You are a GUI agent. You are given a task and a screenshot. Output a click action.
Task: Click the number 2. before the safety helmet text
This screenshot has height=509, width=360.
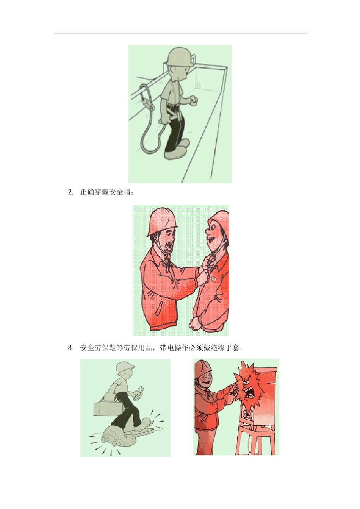point(71,192)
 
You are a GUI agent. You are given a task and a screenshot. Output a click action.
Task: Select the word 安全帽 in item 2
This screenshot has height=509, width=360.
point(120,192)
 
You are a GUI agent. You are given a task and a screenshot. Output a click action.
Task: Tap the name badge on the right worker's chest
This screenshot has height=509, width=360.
point(214,278)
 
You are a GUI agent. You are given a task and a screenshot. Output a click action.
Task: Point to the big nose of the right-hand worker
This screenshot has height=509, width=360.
point(208,231)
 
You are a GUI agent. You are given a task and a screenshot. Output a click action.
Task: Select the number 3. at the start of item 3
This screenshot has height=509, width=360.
point(71,348)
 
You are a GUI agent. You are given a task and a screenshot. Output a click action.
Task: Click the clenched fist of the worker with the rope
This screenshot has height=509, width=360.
point(194,100)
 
